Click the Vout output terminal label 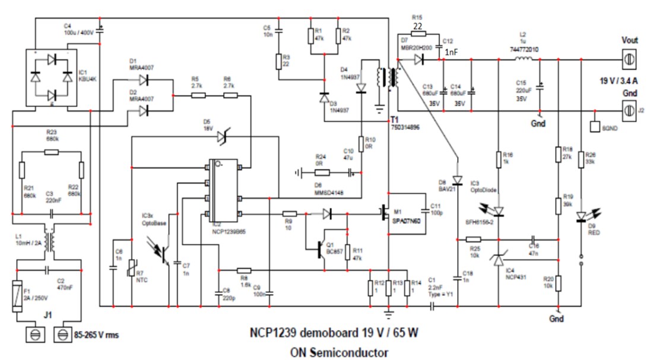point(629,40)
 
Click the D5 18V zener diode point(223,137)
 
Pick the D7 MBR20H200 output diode point(420,59)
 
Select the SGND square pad point(595,127)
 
